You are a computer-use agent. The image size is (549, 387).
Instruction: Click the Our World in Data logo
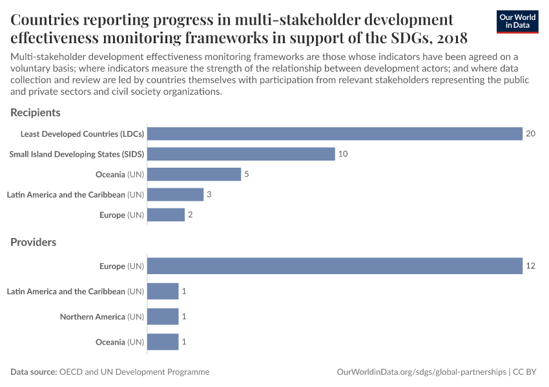(x=517, y=22)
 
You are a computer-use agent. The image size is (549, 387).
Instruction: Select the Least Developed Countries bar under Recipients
(x=335, y=134)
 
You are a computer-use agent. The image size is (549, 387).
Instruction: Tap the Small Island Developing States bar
(x=241, y=154)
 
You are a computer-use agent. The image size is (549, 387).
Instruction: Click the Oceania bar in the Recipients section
(x=194, y=174)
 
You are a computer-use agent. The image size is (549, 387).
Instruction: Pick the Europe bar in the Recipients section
(x=166, y=215)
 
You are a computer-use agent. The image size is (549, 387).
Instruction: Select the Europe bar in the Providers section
(x=335, y=266)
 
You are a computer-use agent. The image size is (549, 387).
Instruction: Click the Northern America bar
(x=163, y=317)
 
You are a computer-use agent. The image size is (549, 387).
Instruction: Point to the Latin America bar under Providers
(x=163, y=292)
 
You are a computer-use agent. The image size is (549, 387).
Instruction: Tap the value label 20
(x=531, y=134)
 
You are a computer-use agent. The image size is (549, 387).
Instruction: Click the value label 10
(x=344, y=154)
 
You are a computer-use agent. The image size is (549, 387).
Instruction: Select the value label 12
(x=531, y=266)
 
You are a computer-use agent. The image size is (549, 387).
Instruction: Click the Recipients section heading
(x=36, y=113)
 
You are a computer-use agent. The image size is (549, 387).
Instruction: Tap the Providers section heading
(x=34, y=243)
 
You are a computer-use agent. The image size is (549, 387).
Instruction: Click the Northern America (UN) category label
(x=102, y=317)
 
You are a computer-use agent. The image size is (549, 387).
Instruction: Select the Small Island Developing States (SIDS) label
(x=76, y=154)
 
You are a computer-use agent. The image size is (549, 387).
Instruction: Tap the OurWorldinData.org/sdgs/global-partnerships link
(x=421, y=372)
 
